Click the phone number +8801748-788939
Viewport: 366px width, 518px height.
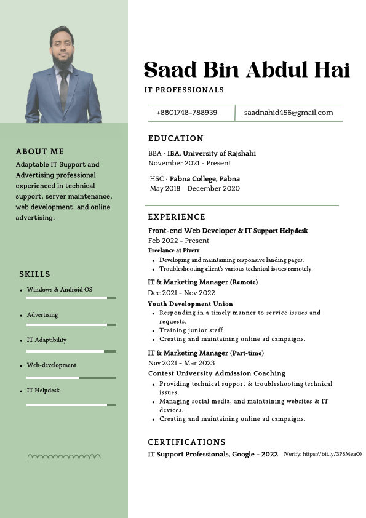pos(186,113)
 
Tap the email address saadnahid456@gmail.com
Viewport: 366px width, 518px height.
pos(288,113)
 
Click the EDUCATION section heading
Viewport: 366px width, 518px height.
pos(176,138)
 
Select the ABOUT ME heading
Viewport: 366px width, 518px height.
pos(40,151)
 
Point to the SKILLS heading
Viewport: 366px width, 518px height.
pos(34,274)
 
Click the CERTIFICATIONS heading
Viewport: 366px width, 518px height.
pos(187,442)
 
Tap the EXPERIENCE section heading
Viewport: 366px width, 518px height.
pos(177,217)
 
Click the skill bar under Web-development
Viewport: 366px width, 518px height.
pos(71,377)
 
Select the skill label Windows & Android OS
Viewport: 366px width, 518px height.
pos(59,289)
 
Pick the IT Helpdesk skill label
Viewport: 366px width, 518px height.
pos(43,390)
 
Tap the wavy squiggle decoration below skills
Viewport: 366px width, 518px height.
pos(65,456)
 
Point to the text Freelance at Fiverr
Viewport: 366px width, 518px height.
pos(173,250)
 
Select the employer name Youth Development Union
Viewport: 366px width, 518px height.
pos(190,304)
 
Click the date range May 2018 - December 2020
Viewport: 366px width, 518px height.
pos(194,188)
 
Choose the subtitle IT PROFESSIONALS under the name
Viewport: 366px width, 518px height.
pos(184,90)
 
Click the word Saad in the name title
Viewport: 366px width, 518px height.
pos(170,70)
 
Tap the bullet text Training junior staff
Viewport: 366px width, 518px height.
pos(191,330)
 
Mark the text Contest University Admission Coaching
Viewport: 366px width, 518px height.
pos(217,373)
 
